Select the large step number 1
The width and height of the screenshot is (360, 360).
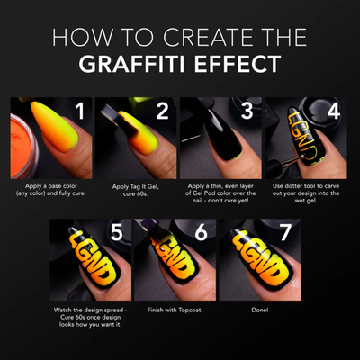tap(78, 112)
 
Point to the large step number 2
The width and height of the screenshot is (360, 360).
tap(162, 112)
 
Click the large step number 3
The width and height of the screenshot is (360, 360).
tap(246, 112)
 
